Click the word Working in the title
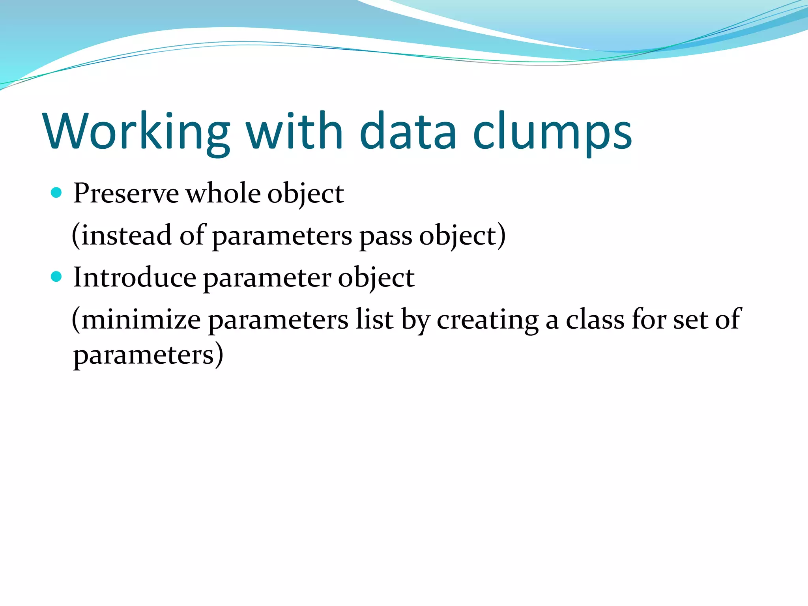coord(137,132)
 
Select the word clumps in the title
coord(552,132)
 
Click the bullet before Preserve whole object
coord(57,193)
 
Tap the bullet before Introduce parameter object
coord(57,277)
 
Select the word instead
coord(126,236)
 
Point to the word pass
coord(385,236)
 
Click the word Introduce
coord(135,278)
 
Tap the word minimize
coord(141,320)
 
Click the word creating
coord(487,320)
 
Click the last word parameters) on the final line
coord(148,355)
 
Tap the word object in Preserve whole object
coord(306,194)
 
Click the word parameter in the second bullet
coord(267,278)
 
